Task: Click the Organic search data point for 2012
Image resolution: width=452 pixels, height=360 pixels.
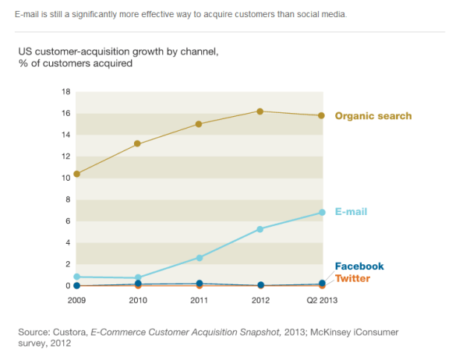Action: (260, 111)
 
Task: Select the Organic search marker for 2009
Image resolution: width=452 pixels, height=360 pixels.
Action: (76, 174)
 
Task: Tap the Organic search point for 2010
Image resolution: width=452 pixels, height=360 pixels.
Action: (137, 143)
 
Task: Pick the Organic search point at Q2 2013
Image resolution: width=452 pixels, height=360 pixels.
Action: (321, 115)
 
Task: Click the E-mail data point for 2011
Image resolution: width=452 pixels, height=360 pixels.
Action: (199, 257)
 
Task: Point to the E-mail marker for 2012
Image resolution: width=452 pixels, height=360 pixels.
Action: (260, 229)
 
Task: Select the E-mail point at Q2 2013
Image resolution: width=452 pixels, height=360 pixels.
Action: (321, 213)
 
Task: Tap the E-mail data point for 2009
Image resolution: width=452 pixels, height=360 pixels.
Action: (76, 277)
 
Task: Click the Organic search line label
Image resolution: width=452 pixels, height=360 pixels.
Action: (373, 116)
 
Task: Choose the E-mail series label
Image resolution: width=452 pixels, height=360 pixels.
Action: (351, 212)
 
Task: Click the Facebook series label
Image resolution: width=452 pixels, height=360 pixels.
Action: (358, 266)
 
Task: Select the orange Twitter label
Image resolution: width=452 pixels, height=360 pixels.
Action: (352, 278)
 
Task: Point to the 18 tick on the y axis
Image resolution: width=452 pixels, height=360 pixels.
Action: (65, 92)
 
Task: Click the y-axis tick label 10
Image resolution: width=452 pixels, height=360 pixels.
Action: (65, 178)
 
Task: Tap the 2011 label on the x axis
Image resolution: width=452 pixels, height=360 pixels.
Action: (199, 299)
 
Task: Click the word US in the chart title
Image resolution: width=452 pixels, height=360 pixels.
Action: (25, 52)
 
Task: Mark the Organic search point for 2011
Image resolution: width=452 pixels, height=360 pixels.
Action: (199, 124)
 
